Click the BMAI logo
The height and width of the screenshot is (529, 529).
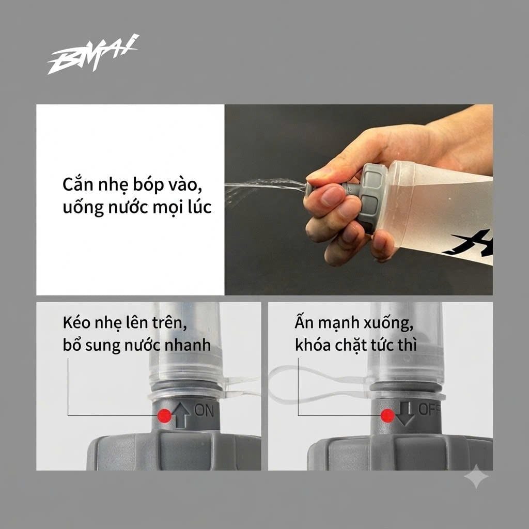click(x=93, y=54)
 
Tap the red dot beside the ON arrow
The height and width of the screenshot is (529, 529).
click(x=165, y=416)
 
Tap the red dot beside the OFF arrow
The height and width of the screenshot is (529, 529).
click(x=387, y=416)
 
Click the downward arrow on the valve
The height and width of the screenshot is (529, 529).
click(x=405, y=414)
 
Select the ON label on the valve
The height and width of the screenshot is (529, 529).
click(x=204, y=411)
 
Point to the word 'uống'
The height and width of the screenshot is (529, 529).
click(x=83, y=207)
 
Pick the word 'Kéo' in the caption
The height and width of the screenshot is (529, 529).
click(x=76, y=323)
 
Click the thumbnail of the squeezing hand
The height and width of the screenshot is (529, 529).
click(x=359, y=200)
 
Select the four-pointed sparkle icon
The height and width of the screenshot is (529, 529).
click(x=476, y=476)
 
